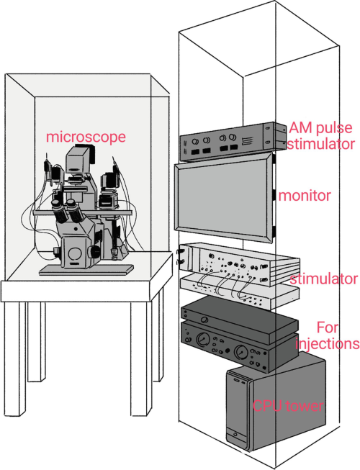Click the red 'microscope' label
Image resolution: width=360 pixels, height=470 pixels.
[x=86, y=137]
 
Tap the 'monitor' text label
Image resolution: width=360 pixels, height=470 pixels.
[x=305, y=196]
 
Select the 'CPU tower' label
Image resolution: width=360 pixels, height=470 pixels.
[x=288, y=406]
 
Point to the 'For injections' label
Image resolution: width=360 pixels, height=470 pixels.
[x=328, y=335]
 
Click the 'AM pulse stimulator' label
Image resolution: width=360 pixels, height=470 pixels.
[x=320, y=136]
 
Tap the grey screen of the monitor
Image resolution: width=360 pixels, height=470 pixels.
[x=222, y=197]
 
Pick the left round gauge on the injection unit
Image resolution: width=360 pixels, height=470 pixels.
[x=202, y=339]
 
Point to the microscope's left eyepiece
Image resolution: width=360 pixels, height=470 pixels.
[x=59, y=210]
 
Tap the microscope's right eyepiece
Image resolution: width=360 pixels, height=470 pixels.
[x=75, y=211]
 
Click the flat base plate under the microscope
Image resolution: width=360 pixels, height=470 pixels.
[x=86, y=270]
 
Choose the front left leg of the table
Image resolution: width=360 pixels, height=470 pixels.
[x=15, y=358]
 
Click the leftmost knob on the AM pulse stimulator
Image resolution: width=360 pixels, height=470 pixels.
[x=196, y=142]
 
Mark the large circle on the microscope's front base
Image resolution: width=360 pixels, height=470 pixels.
[x=75, y=253]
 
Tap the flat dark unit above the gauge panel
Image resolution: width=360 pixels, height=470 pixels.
[x=240, y=320]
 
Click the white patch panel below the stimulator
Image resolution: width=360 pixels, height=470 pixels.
[x=240, y=292]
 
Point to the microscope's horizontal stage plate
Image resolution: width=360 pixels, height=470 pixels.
[x=83, y=212]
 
